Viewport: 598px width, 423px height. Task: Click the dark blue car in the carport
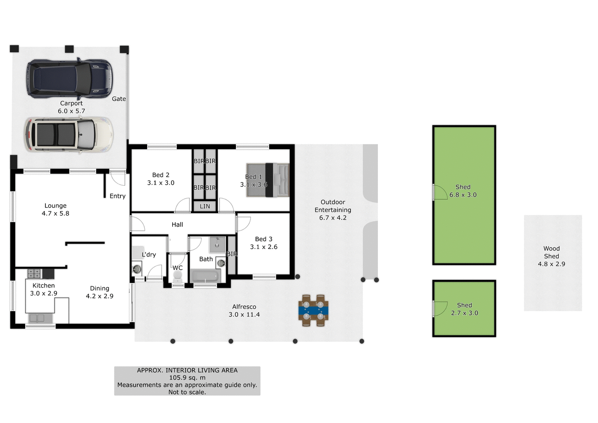pyautogui.click(x=70, y=79)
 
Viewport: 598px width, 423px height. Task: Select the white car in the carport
pyautogui.click(x=69, y=134)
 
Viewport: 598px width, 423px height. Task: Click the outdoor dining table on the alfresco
pyautogui.click(x=313, y=310)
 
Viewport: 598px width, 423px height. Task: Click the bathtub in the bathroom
pyautogui.click(x=205, y=276)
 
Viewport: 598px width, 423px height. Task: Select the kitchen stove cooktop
pyautogui.click(x=34, y=273)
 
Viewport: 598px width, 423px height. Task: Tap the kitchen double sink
pyautogui.click(x=37, y=318)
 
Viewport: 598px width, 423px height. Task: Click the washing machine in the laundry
pyautogui.click(x=137, y=269)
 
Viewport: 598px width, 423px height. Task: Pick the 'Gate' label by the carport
pyautogui.click(x=119, y=99)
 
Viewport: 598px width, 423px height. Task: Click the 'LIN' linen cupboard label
pyautogui.click(x=205, y=206)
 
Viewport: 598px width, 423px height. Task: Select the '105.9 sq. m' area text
pyautogui.click(x=187, y=378)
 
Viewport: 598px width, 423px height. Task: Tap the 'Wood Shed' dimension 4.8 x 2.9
pyautogui.click(x=551, y=264)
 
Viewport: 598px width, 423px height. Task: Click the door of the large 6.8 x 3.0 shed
pyautogui.click(x=439, y=193)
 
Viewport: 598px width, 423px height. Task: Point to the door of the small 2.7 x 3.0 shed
pyautogui.click(x=439, y=308)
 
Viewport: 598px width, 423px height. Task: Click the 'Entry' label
pyautogui.click(x=118, y=196)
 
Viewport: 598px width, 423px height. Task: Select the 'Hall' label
pyautogui.click(x=177, y=225)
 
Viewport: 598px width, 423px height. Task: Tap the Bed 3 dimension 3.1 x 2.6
pyautogui.click(x=264, y=247)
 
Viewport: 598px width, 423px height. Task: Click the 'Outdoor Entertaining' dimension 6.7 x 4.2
pyautogui.click(x=333, y=217)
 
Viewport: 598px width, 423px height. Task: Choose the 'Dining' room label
pyautogui.click(x=100, y=288)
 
